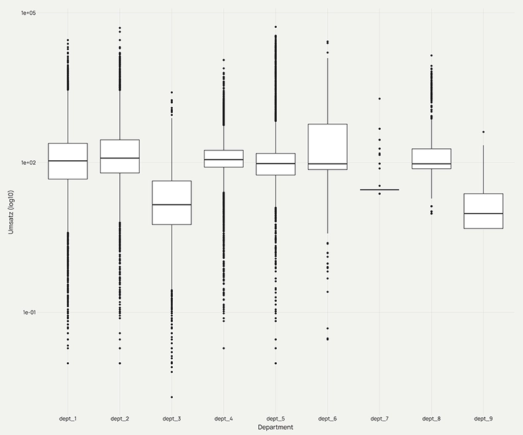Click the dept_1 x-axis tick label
point(67,418)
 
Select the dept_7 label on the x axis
point(379,418)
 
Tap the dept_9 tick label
point(483,418)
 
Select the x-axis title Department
point(275,428)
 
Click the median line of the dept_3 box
point(171,205)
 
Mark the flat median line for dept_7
point(379,189)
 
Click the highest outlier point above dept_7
point(379,98)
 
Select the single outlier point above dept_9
point(483,132)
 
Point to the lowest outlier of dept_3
point(171,397)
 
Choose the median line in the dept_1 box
point(68,161)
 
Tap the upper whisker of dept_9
point(483,169)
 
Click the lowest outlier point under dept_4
point(223,348)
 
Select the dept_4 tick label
point(223,418)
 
